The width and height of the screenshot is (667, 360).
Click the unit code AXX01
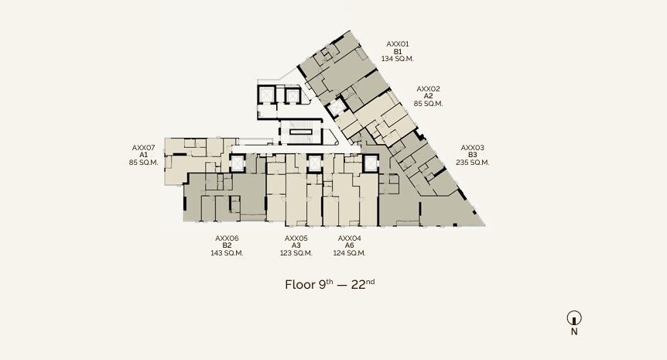coord(397,44)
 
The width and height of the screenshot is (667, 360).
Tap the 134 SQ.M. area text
coord(397,59)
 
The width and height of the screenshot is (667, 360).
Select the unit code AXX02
coord(428,88)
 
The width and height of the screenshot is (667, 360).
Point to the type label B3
coord(472,155)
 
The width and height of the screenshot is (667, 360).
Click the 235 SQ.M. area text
coord(472,162)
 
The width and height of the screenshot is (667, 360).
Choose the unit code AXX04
coord(349,238)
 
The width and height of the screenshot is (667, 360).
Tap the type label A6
coord(349,245)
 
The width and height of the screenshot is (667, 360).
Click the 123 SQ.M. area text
coord(296,252)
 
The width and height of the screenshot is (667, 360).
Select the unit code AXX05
coord(296,238)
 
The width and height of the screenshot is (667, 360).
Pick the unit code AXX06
coord(227,238)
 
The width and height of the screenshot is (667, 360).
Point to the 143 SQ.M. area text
coord(227,252)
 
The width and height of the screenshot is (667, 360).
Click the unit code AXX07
coord(143,148)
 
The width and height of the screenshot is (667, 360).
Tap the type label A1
coord(143,155)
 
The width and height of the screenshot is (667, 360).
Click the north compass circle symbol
coord(574,318)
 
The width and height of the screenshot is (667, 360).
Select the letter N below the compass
coord(574,331)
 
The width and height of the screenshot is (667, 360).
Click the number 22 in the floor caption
coord(358,285)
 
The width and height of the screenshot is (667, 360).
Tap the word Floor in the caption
coord(300,285)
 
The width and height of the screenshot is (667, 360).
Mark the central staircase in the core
coord(301,132)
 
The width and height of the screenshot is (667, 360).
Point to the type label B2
coord(227,245)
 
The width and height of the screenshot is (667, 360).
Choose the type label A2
coord(428,96)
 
